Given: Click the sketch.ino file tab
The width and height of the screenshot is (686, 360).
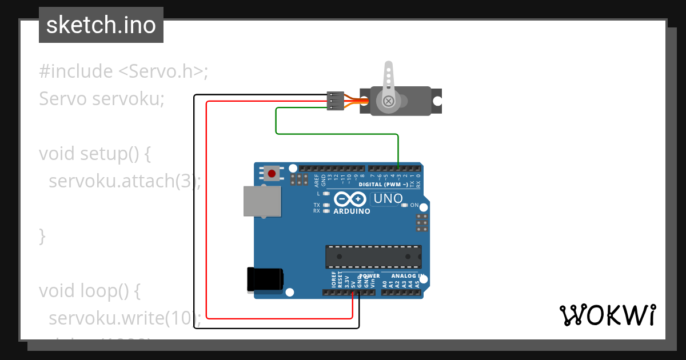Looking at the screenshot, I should (101, 25).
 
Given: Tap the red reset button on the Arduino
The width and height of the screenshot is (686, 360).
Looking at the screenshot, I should (272, 173).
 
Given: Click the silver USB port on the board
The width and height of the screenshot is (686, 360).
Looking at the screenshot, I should (262, 201).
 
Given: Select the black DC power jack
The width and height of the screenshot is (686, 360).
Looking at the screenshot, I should (264, 279).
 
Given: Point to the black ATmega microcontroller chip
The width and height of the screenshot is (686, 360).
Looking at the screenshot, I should (373, 257).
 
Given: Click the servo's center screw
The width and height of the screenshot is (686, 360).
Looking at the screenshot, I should (388, 101).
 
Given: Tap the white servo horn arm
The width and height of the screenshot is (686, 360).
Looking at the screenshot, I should (388, 77).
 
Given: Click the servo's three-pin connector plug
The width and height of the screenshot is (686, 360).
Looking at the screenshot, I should (335, 101).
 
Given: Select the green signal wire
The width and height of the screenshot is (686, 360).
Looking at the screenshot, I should (337, 134).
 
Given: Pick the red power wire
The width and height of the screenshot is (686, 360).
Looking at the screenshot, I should (206, 229).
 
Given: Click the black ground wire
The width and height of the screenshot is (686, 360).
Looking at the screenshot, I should (194, 229).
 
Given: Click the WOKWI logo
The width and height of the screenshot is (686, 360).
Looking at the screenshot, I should (607, 315).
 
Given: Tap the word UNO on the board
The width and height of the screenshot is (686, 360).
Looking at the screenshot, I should (387, 199).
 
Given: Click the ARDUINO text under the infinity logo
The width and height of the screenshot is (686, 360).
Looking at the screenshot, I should (352, 211).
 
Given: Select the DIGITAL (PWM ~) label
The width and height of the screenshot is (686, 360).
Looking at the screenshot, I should (383, 185).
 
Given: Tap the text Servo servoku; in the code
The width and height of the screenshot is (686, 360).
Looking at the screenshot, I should (102, 99).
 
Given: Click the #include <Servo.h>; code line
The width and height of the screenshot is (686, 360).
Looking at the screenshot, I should (123, 71).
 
